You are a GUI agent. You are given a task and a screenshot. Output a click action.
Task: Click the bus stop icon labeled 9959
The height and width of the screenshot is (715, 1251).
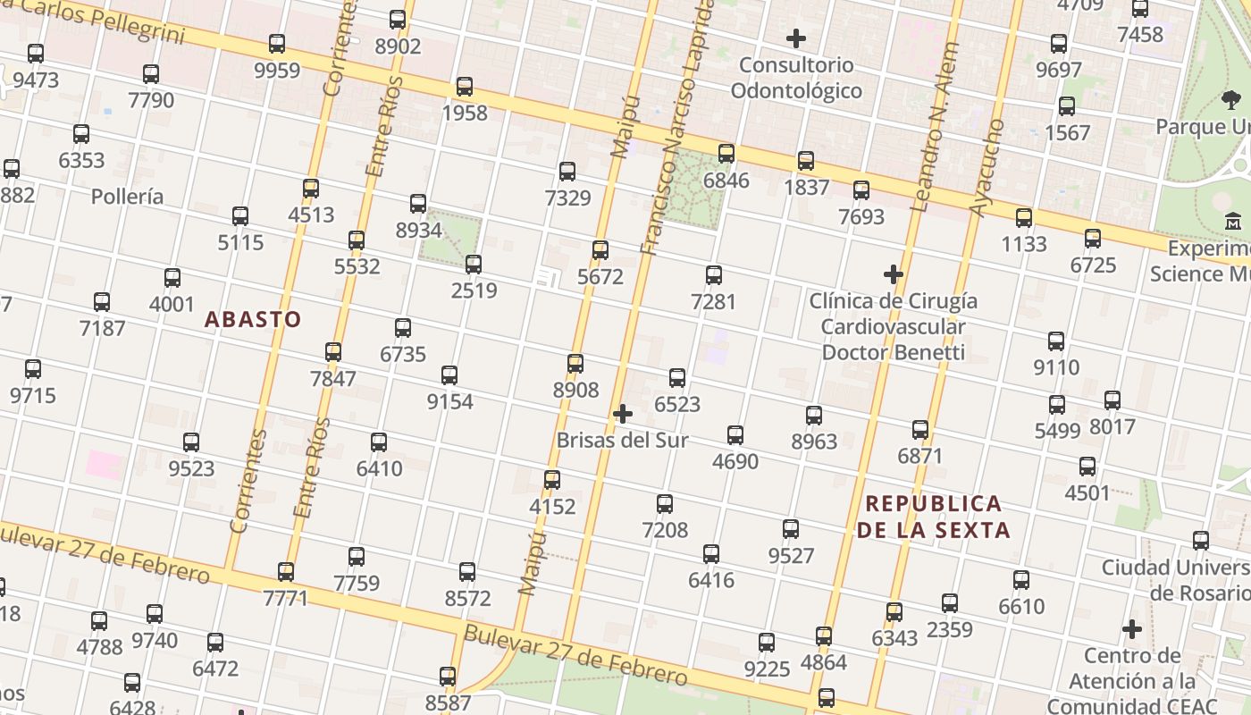pos(277,43)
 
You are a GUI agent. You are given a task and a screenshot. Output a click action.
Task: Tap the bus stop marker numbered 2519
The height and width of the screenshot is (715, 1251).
pos(474,264)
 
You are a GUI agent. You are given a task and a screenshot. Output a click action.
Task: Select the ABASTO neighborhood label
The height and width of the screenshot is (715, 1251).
pos(253,319)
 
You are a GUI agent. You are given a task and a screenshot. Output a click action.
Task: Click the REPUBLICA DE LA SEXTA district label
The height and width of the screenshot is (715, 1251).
pos(934,517)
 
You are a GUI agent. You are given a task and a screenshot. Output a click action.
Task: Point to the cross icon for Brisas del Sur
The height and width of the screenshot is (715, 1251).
pos(623,414)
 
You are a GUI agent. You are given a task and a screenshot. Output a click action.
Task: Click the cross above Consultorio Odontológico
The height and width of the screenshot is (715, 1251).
pos(795,38)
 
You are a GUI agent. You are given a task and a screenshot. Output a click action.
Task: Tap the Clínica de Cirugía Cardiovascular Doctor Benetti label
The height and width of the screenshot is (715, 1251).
pos(893,326)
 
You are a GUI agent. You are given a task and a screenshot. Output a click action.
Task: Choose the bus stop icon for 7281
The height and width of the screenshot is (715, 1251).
pos(713,274)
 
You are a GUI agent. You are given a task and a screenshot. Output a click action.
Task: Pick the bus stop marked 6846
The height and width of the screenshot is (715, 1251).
pos(726,154)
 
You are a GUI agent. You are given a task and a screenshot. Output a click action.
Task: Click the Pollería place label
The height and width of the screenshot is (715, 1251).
pos(128,197)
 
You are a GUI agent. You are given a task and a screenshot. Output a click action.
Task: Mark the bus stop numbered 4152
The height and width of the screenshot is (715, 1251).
pos(552,480)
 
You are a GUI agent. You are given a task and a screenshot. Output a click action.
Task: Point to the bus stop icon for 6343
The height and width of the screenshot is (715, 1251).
pos(894,612)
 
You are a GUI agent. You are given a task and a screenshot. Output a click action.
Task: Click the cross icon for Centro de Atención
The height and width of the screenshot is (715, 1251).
pos(1132,629)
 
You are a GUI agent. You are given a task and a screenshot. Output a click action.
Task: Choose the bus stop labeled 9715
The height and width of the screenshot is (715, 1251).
pos(33,368)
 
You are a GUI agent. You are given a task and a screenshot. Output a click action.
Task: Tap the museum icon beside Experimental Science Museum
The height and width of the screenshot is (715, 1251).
pos(1233,220)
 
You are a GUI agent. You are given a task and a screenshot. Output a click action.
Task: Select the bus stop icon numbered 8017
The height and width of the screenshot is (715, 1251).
pos(1112,400)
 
